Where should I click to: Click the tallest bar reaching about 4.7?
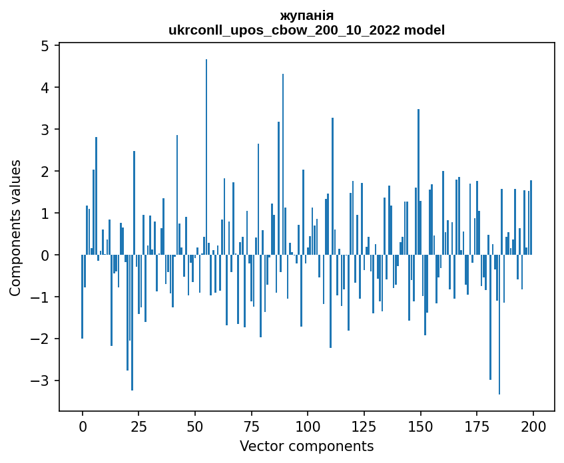206,157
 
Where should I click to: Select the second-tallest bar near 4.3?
283,164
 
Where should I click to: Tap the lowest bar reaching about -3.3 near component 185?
499,325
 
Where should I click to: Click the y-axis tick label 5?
45,46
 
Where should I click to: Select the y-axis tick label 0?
45,255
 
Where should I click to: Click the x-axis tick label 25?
139,426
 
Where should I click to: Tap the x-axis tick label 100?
308,426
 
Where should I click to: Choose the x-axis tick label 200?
533,426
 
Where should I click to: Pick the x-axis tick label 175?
477,426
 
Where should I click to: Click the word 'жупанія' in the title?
307,16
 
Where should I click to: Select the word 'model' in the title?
424,30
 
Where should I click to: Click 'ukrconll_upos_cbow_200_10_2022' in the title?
284,31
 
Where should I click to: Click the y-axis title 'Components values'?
15,228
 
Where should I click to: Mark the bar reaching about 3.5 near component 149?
418,182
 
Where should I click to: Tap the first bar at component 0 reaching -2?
83,297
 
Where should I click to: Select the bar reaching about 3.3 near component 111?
333,186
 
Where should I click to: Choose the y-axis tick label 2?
45,171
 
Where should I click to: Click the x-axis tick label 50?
194,426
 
